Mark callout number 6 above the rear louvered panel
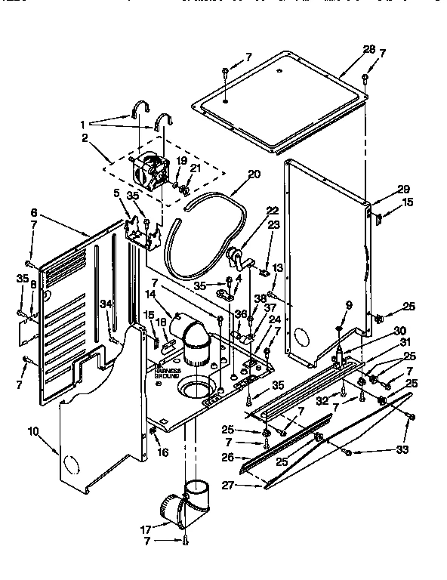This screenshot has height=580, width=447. (35, 214)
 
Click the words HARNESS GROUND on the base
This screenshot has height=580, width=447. (168, 372)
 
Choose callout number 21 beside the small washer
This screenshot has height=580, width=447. (195, 168)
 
